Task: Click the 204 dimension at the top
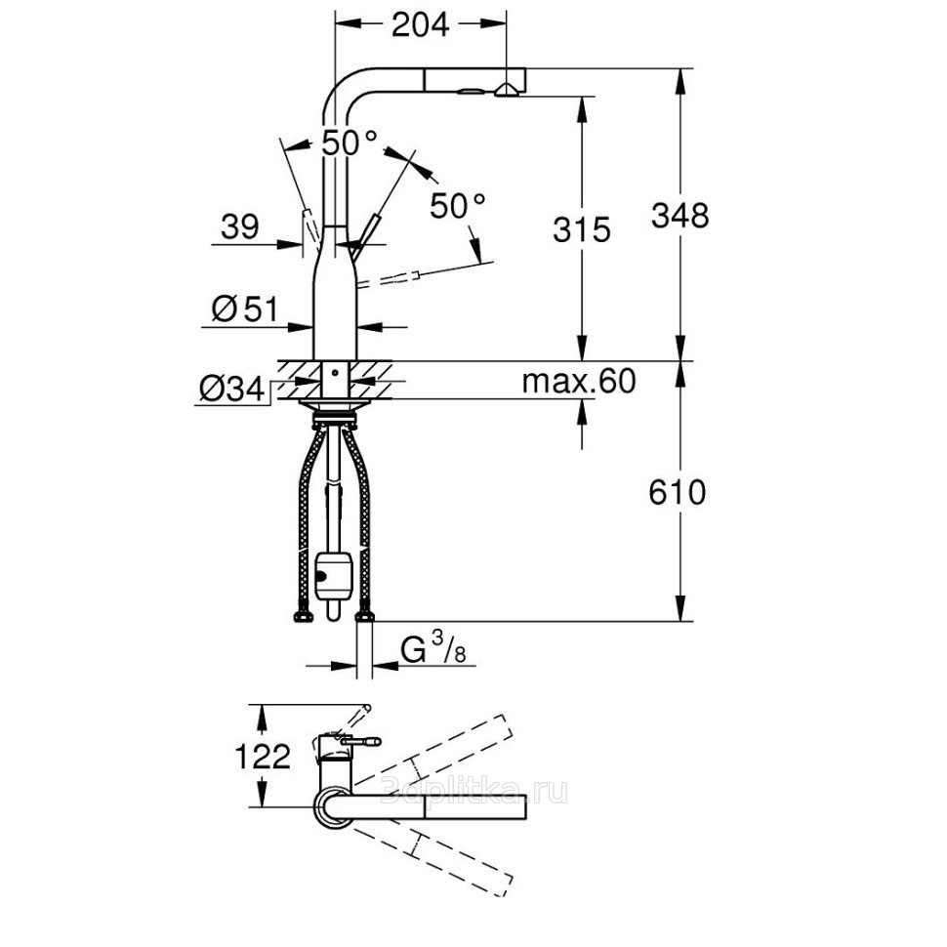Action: pos(421,24)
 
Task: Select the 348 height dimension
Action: pos(679,216)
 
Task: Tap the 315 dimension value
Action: pos(582,229)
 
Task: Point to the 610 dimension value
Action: pos(677,492)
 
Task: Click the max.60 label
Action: pos(579,382)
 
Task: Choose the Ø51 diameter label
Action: pos(245,309)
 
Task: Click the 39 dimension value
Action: pos(240,227)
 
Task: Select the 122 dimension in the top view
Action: pos(262,757)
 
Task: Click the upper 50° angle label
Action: pos(350,144)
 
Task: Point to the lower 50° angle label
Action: pos(457,206)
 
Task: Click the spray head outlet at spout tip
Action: pos(505,91)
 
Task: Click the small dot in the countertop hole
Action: pos(334,373)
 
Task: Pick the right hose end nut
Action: pos(365,617)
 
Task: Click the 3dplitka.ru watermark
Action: pos(475,791)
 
